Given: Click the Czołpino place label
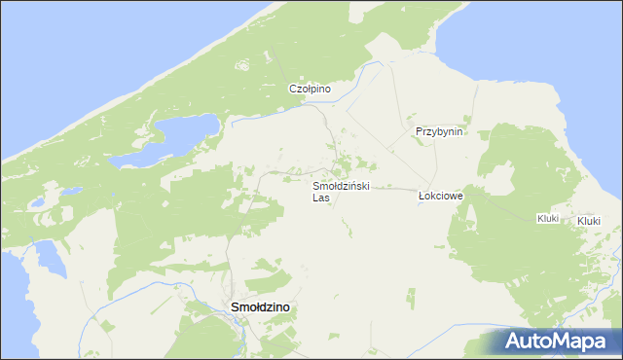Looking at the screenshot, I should (311, 89).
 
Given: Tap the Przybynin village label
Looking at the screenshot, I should (438, 131).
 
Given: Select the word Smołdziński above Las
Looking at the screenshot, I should (341, 185).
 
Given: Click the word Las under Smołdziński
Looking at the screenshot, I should (321, 197).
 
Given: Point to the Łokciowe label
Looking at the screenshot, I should (440, 195).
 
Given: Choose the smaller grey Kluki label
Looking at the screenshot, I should (547, 219).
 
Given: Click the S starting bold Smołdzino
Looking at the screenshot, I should (234, 307).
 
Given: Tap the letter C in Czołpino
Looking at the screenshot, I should (292, 89).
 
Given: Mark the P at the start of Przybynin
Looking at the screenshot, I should (418, 131).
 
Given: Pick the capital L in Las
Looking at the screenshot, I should (315, 197).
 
